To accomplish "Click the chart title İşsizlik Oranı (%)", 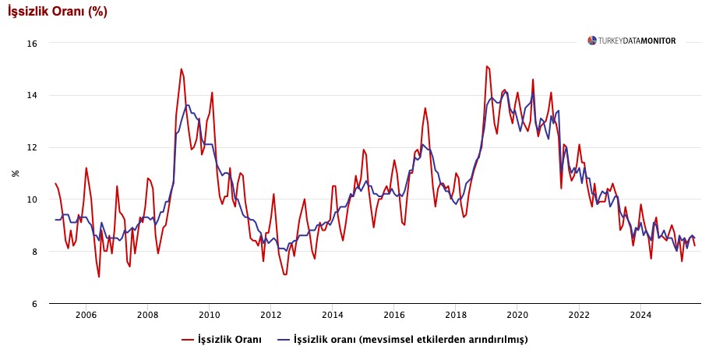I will coord(58,12).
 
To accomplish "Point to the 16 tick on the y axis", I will coord(32,44).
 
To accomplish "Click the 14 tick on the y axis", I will coord(32,96).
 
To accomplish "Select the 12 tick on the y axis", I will coord(32,147).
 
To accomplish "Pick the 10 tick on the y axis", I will coord(32,199).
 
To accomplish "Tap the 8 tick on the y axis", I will coord(34,252).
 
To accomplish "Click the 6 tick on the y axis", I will coord(34,304).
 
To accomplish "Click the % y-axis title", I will coord(15,173).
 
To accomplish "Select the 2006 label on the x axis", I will coord(86,315).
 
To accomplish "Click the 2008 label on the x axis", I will coord(147,315).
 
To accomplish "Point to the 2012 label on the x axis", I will coord(270,315).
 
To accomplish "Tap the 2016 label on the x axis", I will coord(394,315).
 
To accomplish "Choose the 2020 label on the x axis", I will coord(517,315).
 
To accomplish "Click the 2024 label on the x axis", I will coord(640,315).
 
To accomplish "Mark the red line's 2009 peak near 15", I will coord(182,69).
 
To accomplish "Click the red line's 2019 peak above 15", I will coord(486,66).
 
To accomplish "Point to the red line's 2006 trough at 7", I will coord(99,277).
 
